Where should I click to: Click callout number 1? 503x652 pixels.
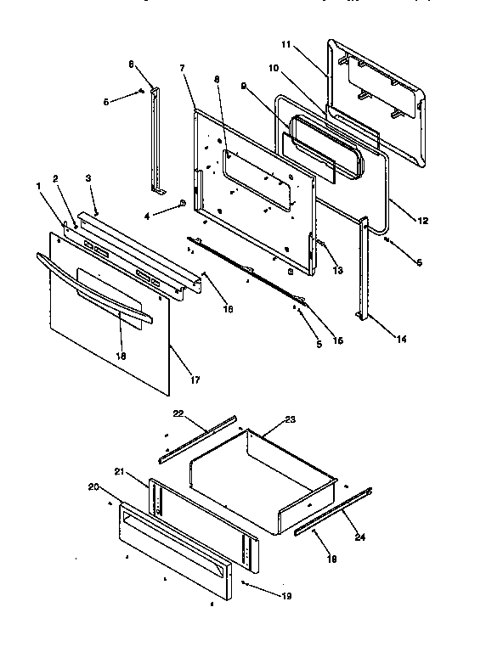[x=38, y=186]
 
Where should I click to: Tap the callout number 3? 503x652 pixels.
[x=88, y=177]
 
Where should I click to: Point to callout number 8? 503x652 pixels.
[x=217, y=80]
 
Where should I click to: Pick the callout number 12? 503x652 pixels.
[x=422, y=222]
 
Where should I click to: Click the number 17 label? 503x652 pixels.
[x=195, y=379]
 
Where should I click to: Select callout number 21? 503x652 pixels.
[x=120, y=471]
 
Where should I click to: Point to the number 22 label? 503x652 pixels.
[x=178, y=413]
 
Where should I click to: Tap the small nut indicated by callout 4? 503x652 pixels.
[x=183, y=204]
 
